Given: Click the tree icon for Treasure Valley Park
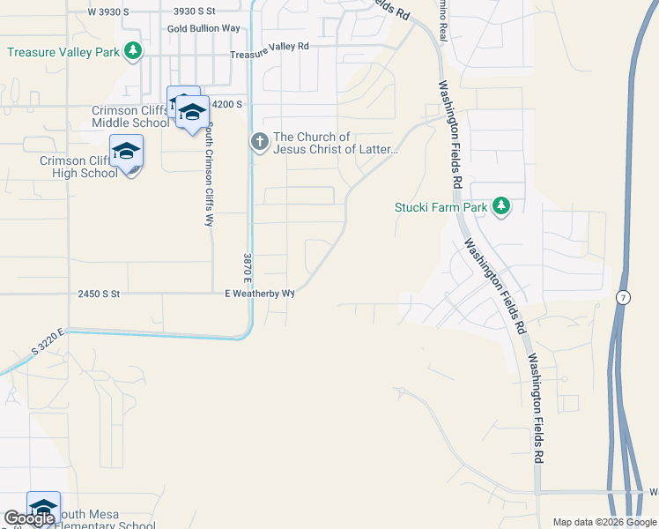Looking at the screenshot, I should coord(133,51).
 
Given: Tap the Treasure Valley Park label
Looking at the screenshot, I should coord(63,52).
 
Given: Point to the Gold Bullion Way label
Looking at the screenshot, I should coord(204,28).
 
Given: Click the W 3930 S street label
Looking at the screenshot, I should coord(109,11).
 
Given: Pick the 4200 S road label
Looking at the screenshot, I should coord(226,104).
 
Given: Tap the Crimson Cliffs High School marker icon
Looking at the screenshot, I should coord(126,152).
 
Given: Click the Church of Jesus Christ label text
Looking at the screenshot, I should coord(336,143).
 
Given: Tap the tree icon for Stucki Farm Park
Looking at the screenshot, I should coord(501,206).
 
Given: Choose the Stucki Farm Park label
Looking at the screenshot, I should coord(440,208).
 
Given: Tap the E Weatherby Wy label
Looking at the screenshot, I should coord(259,293).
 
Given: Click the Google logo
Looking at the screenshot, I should coord(29,518).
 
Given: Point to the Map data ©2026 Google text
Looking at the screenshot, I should coord(603,522).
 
